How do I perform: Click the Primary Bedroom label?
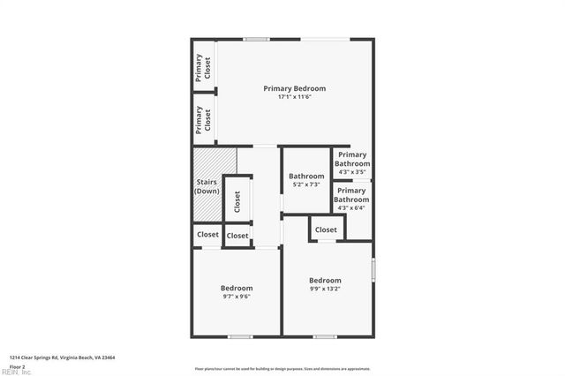295,88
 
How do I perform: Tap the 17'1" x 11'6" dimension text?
295,96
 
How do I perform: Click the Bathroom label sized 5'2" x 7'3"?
307,176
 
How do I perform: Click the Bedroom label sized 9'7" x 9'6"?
237,288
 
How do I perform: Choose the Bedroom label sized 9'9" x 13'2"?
325,281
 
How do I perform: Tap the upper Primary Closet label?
204,67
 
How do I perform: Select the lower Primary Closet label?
204,120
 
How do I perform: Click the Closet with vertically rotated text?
237,202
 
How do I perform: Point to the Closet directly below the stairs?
207,235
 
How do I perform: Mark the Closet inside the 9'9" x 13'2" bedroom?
326,229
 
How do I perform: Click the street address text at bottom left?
63,357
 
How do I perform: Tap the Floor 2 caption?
18,365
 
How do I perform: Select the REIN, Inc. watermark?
16,372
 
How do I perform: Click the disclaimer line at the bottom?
282,368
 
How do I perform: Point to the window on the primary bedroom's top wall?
257,38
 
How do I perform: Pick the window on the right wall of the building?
373,268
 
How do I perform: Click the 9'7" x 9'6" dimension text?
237,297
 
